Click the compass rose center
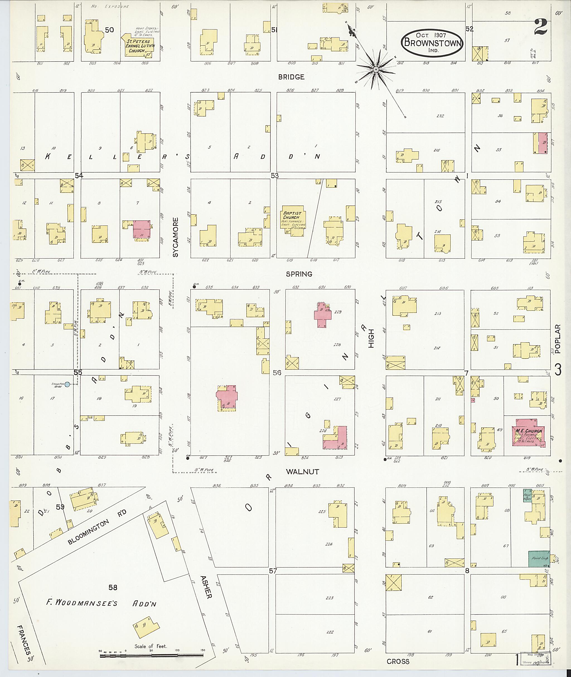(376, 70)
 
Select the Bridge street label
(291, 77)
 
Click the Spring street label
(299, 274)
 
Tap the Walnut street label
(302, 472)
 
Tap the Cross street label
(398, 661)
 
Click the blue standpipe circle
(67, 384)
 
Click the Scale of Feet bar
(151, 656)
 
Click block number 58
(113, 587)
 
